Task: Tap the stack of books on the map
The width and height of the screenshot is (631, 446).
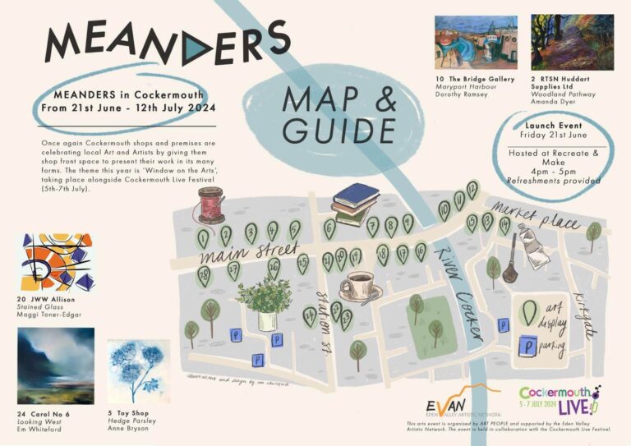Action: point(355,204)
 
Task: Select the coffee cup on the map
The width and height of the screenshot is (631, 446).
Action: point(358,287)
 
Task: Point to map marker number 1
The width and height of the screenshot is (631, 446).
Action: point(203,239)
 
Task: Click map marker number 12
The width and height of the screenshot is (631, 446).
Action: point(472,190)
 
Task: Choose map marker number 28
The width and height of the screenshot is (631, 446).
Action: point(203,276)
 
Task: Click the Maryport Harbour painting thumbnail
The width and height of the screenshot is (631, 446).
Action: point(471,43)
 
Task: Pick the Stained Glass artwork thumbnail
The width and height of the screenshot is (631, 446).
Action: point(56,262)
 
